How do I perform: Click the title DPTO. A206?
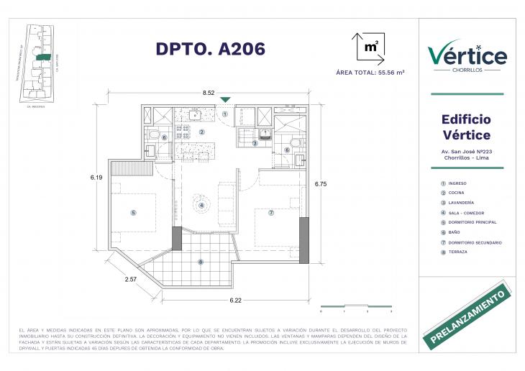pos(211,48)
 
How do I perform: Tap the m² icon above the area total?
pos(370,47)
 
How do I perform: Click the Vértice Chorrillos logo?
pos(467,57)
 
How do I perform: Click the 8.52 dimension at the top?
pos(209,93)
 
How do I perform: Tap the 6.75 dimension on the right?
pos(321,184)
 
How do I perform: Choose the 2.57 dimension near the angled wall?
pos(130,279)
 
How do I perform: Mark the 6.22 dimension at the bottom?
pos(234,299)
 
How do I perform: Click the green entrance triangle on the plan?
pos(225,100)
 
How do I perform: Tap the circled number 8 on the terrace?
pos(201,262)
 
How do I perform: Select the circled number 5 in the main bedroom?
pos(133,213)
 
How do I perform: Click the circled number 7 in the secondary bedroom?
pos(271,213)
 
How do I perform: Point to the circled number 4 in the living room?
pos(202,206)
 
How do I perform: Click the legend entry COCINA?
pos(457,193)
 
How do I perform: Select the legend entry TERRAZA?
pos(458,252)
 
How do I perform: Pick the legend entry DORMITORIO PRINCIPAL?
pos(471,222)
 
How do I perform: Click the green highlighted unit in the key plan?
pos(45,56)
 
